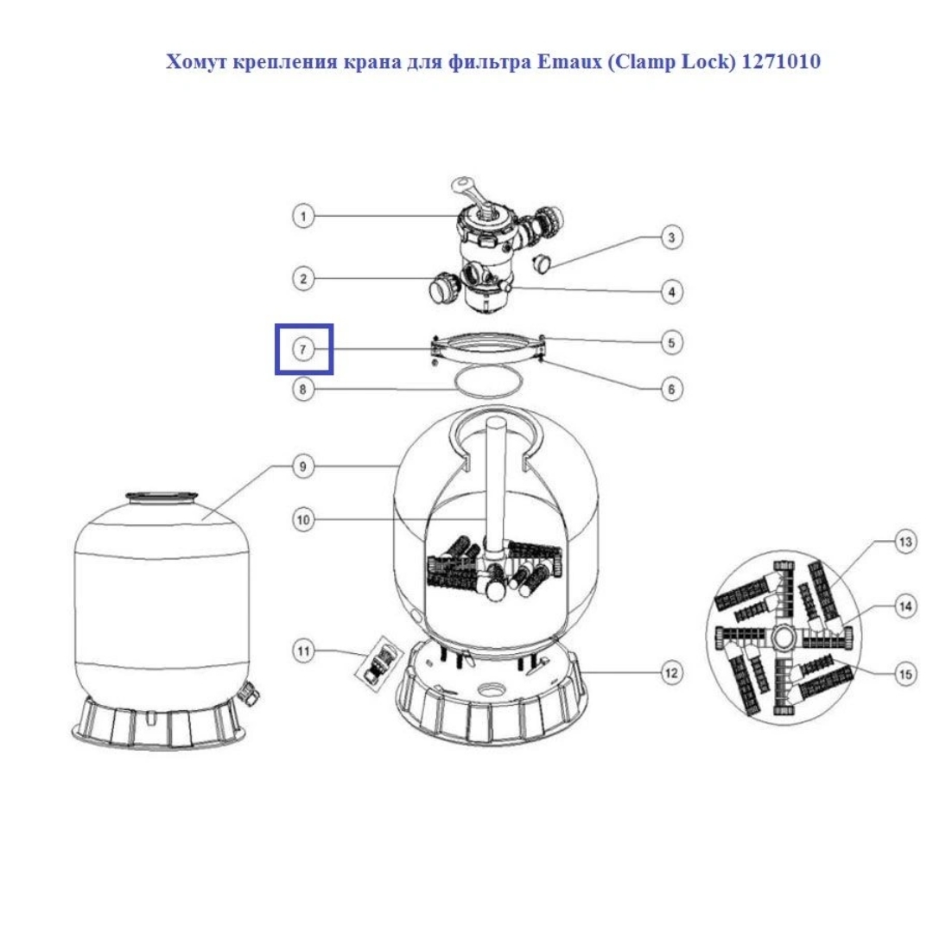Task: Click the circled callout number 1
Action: coord(303,216)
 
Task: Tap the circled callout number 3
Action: coord(671,238)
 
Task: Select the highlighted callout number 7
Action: coord(303,349)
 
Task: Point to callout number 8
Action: coord(303,389)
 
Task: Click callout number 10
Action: coord(303,519)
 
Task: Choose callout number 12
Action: coord(671,673)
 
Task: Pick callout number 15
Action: coord(905,674)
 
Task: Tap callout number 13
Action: coord(905,542)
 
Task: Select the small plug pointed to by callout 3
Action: coord(542,262)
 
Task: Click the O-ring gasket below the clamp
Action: coord(488,382)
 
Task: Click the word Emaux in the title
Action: coord(569,61)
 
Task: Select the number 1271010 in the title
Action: coord(781,61)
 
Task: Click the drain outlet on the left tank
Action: coord(248,693)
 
